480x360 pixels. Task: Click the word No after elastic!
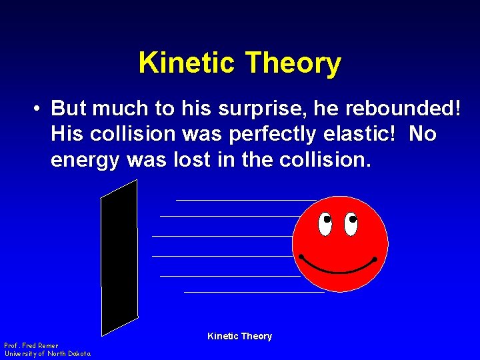coord(423,134)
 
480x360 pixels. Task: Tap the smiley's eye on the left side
coord(325,223)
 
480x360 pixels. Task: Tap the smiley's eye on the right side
coord(350,223)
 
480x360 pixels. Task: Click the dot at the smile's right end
coord(375,259)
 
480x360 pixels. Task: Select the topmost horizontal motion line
coord(245,199)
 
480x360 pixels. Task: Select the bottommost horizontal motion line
coord(253,291)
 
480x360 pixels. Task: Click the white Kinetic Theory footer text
coord(239,336)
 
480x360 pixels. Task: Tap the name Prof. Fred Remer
coord(31,345)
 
